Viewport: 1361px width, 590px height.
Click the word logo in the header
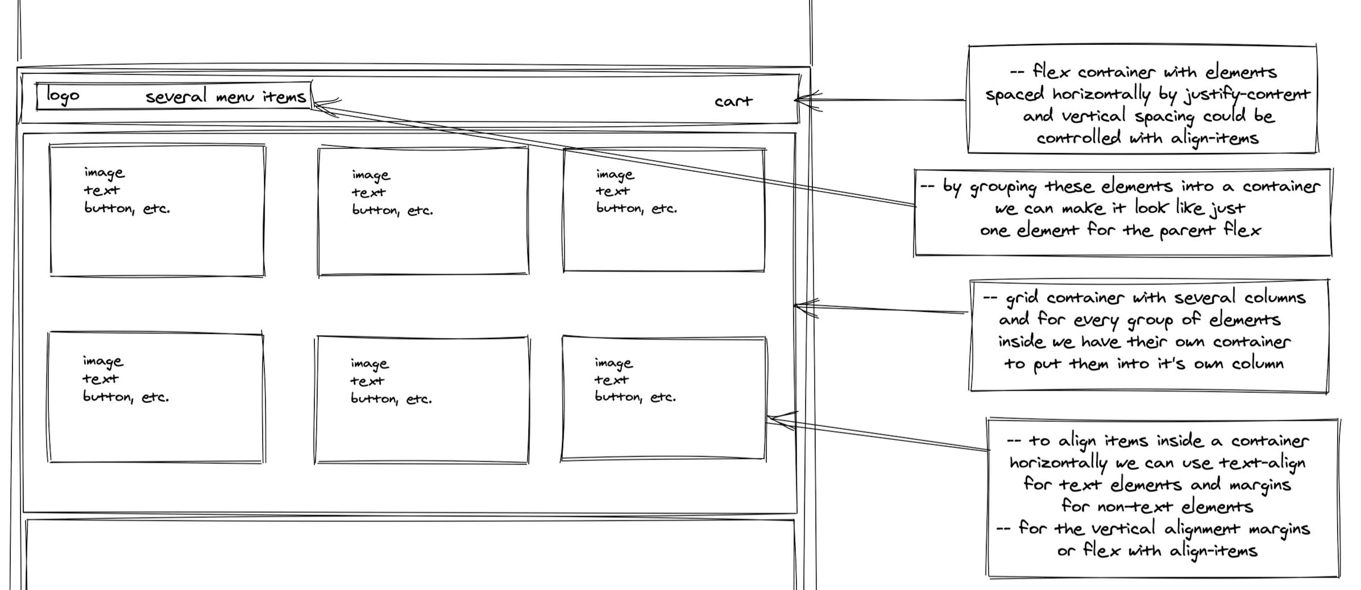tap(63, 96)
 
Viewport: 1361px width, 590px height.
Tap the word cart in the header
tap(733, 101)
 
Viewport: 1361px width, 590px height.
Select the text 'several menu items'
tap(226, 97)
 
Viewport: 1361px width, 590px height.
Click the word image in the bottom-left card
tap(103, 362)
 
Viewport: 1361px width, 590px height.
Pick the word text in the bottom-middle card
tap(367, 381)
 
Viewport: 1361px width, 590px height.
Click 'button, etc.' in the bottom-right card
tap(635, 397)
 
